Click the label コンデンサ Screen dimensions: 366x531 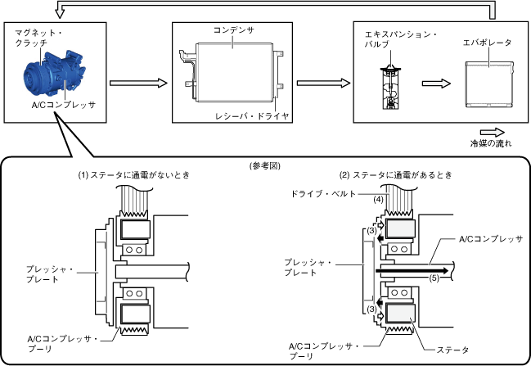233,29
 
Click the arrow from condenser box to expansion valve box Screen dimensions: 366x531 319,83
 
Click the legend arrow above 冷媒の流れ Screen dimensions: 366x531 492,131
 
